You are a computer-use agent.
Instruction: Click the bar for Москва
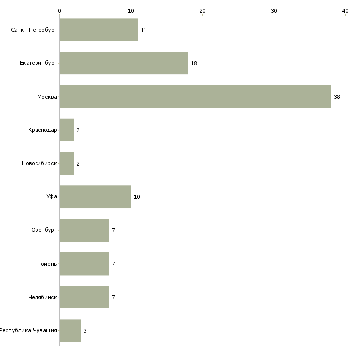point(195,97)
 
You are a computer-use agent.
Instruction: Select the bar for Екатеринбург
point(124,63)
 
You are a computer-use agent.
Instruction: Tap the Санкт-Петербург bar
point(99,30)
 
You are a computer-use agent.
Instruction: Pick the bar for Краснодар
point(67,130)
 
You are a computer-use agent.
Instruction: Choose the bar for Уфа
point(95,197)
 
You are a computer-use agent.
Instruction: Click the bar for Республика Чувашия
point(70,330)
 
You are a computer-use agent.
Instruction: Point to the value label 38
point(337,97)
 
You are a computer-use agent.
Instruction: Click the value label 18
point(194,63)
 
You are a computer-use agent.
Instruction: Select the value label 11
point(144,30)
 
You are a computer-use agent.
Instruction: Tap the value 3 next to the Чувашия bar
point(85,331)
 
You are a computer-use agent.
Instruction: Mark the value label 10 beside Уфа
point(137,197)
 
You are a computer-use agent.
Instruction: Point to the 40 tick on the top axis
point(345,11)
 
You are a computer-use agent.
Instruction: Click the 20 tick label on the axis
point(202,11)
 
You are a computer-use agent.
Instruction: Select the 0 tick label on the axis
point(60,11)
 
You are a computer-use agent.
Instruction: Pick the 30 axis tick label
point(274,11)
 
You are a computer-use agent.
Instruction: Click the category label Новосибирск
point(39,163)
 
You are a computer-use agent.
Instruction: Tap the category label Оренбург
point(44,230)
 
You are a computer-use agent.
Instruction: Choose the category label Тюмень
point(47,264)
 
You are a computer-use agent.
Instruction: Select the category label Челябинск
point(42,297)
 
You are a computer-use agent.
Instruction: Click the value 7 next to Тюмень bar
point(113,264)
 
